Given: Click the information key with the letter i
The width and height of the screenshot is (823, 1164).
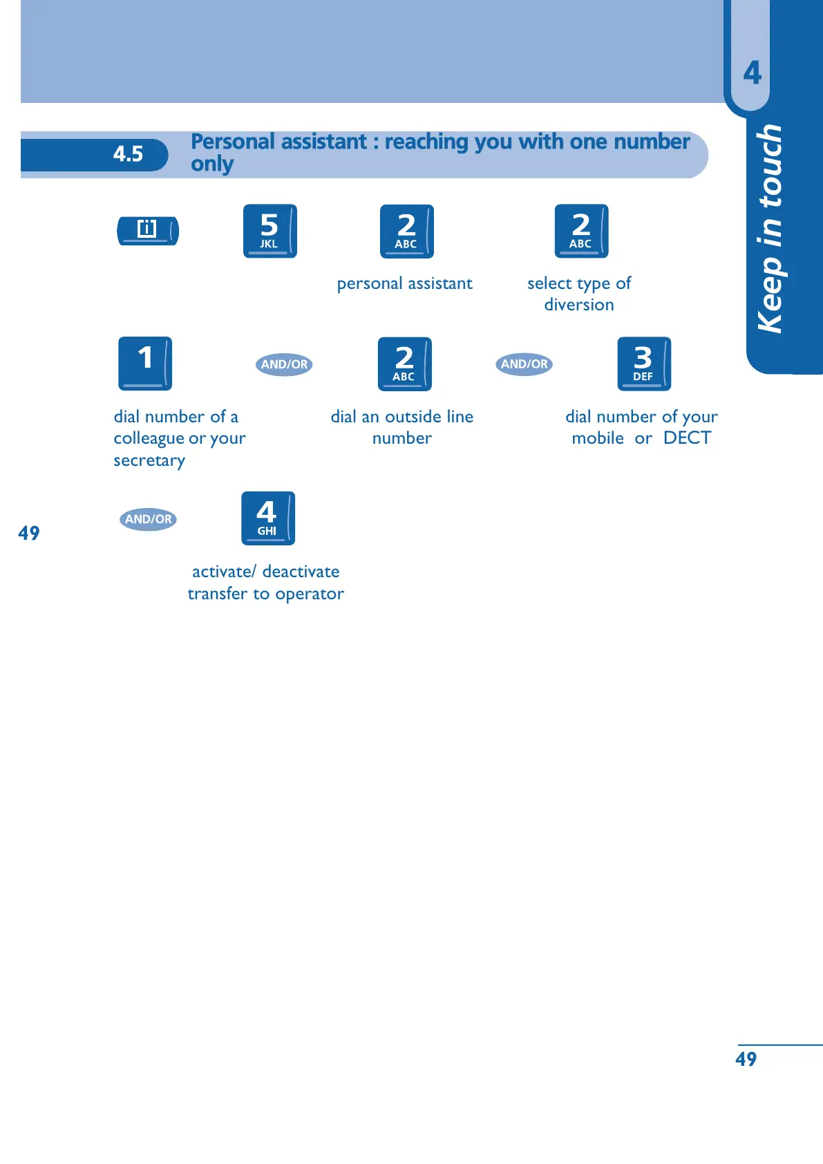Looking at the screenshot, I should click(x=148, y=230).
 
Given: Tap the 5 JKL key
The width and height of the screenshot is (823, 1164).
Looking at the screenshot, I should click(x=269, y=231).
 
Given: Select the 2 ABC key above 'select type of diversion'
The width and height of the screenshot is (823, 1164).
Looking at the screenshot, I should click(x=581, y=231).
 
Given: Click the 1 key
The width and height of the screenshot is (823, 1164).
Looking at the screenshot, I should click(x=145, y=364).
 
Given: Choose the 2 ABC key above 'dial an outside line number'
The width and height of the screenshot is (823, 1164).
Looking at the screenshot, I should click(x=404, y=364).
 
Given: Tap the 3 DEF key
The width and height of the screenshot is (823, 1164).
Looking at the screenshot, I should click(x=643, y=364).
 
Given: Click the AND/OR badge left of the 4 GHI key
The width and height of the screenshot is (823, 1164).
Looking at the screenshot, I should click(x=148, y=519).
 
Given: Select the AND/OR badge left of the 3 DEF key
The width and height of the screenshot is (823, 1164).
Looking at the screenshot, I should click(x=524, y=364).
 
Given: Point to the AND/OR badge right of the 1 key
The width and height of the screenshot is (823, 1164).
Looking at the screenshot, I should click(x=284, y=364).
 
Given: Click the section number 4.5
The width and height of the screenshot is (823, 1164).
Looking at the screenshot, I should click(x=128, y=154).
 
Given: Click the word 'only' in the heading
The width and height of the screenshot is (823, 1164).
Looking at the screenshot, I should click(x=212, y=165).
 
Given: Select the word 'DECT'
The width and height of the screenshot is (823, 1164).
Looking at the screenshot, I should click(x=687, y=438).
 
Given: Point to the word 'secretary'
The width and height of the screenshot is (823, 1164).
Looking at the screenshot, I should click(x=149, y=461).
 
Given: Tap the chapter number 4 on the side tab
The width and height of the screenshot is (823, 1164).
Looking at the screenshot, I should click(x=752, y=73).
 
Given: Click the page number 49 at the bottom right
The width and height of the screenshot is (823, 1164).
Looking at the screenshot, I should click(x=746, y=1059).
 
